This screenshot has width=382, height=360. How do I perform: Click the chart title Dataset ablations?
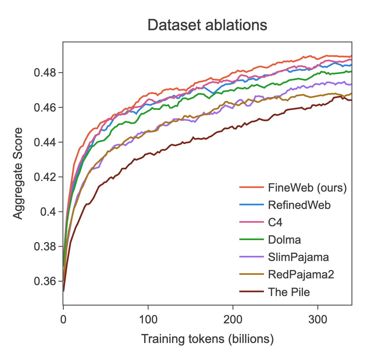click(207, 25)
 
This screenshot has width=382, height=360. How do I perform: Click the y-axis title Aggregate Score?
click(18, 174)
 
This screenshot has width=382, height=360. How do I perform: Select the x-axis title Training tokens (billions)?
click(207, 339)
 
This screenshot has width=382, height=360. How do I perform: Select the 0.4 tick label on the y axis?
click(48, 212)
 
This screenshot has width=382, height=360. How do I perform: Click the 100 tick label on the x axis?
click(148, 319)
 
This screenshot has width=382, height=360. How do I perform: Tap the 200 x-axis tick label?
click(233, 319)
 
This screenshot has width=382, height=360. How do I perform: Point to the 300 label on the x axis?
click(317, 319)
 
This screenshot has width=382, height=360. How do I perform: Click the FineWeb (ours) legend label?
click(307, 188)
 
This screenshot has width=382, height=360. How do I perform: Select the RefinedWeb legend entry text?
click(299, 205)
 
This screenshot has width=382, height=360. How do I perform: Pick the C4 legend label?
click(275, 222)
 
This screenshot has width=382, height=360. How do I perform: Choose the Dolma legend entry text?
click(284, 240)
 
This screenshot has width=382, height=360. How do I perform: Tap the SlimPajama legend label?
click(298, 257)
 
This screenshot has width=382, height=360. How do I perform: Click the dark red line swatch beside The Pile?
click(251, 292)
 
